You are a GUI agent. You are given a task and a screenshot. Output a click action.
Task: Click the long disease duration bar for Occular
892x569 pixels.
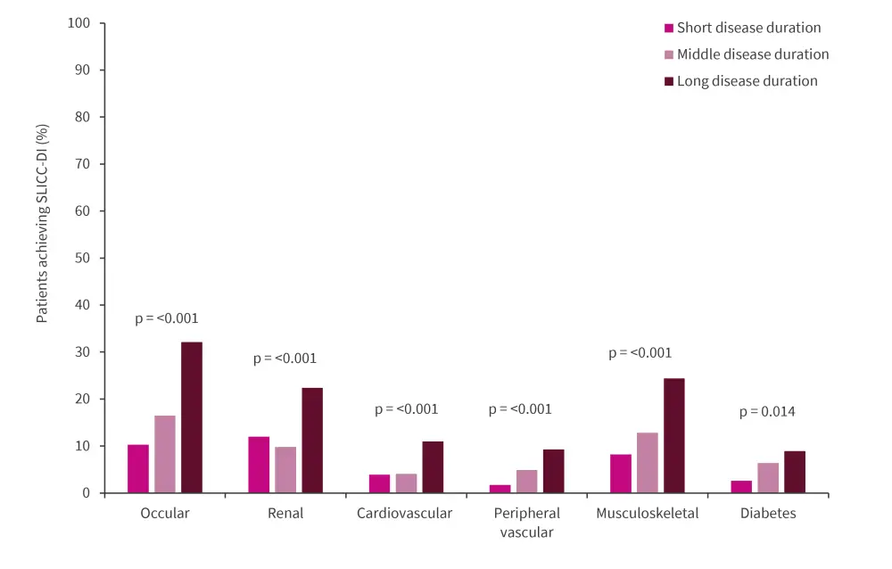tap(192, 417)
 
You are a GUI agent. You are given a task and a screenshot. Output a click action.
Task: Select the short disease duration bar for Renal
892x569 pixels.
tap(259, 465)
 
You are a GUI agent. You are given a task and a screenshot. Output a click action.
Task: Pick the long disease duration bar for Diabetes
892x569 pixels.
tap(795, 472)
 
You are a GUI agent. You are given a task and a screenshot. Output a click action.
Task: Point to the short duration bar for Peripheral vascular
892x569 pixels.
tap(500, 489)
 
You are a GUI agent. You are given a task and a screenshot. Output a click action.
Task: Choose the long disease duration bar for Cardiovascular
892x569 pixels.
tap(433, 467)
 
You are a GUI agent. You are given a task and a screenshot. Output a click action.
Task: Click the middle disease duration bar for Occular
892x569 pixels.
tap(165, 454)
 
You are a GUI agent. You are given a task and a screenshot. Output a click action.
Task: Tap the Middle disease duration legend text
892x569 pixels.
tap(753, 54)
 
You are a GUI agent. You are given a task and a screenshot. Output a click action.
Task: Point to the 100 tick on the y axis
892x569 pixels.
tap(79, 22)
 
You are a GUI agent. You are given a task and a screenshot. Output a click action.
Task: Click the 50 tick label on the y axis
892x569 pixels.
tap(83, 258)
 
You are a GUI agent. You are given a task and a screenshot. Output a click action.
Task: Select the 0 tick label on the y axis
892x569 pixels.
tap(87, 493)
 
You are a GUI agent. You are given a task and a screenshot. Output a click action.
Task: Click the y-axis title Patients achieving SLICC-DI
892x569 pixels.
tap(42, 224)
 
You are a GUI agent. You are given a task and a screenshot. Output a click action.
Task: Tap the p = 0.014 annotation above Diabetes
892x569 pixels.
tap(767, 412)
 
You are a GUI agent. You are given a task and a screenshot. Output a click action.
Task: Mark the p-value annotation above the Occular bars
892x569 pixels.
tap(167, 318)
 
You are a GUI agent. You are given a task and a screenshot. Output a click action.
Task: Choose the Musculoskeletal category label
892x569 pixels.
tap(648, 514)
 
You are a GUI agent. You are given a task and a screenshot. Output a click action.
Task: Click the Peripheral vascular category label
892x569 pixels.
tap(526, 523)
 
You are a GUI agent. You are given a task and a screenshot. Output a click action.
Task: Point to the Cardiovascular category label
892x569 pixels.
tap(405, 514)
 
